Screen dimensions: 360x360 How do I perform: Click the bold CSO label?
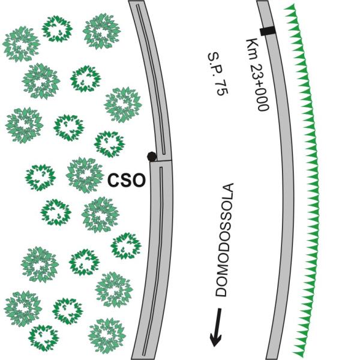pyautogui.click(x=127, y=179)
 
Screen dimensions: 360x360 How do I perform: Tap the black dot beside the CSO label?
pyautogui.click(x=152, y=157)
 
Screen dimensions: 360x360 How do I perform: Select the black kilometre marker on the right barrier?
pyautogui.click(x=267, y=31)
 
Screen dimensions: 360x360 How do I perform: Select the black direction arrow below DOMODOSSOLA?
pyautogui.click(x=217, y=328)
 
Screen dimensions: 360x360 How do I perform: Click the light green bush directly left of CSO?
pyautogui.click(x=85, y=175)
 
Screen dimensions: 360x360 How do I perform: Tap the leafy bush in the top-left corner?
pyautogui.click(x=20, y=43)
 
